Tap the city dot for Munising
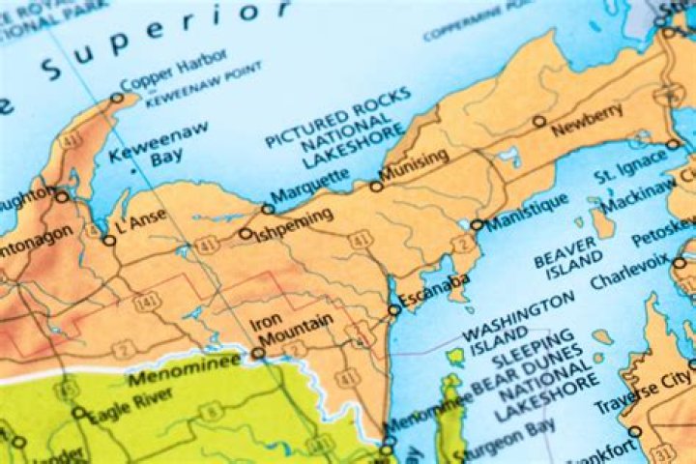point(376,187)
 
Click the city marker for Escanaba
point(393,310)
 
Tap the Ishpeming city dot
point(246,233)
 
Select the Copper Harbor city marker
point(117,97)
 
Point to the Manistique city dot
point(476,225)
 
